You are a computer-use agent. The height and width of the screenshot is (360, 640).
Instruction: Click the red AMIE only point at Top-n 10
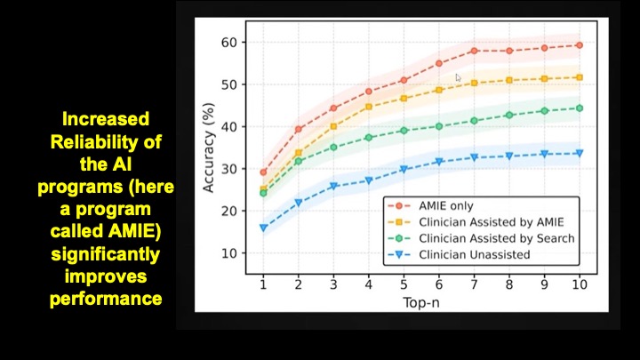579,45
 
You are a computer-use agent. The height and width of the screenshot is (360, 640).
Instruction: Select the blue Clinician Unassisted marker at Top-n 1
263,228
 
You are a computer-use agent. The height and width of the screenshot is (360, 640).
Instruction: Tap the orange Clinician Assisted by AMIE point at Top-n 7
474,83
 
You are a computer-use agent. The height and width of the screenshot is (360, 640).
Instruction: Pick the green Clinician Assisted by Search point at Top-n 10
579,108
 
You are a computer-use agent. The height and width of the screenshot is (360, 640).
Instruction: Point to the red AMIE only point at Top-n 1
263,172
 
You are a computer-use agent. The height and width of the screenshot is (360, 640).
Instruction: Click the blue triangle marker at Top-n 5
404,169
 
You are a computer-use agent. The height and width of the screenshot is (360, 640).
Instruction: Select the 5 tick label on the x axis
404,284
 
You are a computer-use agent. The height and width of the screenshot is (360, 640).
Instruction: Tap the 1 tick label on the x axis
263,284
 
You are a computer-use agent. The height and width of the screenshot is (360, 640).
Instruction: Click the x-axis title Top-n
420,301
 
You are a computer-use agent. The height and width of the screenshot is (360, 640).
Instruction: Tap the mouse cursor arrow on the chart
460,79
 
